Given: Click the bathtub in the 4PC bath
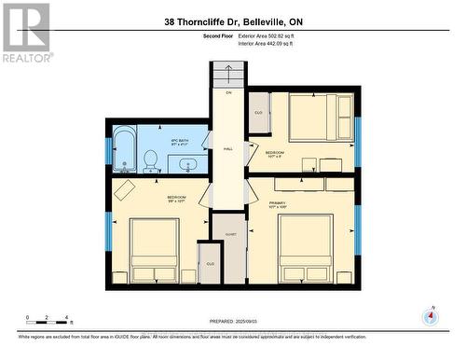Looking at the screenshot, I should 123,149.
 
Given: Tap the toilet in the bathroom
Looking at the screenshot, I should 151,161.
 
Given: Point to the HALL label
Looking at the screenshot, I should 228,149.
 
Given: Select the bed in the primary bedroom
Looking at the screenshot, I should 305,247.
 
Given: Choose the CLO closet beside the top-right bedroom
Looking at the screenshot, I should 259,113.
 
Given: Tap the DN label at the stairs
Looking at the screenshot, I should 228,93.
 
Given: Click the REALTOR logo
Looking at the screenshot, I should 26,32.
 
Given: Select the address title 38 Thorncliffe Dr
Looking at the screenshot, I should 233,21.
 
